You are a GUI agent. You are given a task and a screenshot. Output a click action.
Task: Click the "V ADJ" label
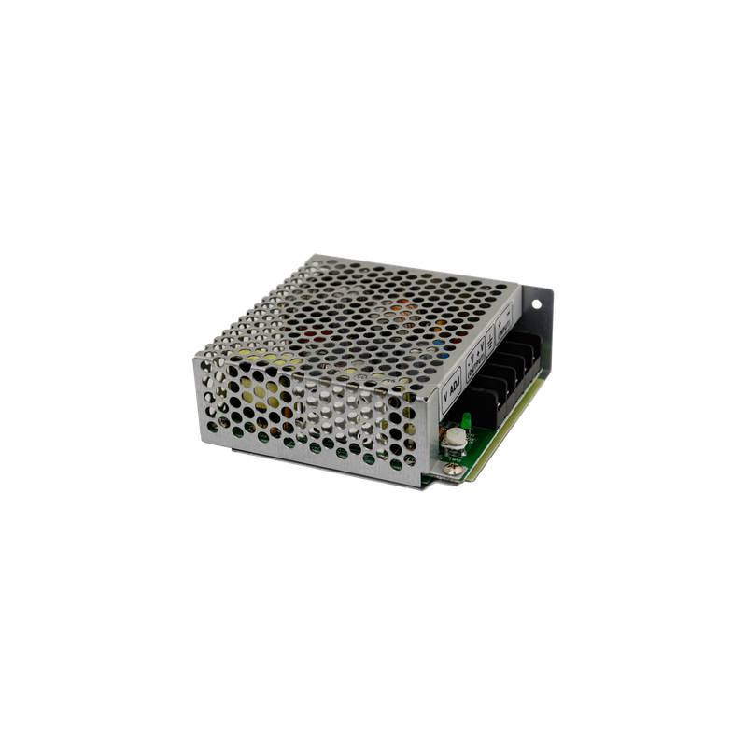point(451,384)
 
